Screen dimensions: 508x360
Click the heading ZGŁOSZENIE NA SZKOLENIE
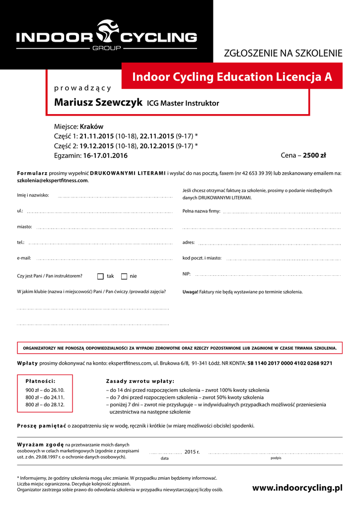click(284, 54)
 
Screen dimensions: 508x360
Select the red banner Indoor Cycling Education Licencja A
click(232, 77)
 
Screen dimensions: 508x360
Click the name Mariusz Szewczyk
click(99, 102)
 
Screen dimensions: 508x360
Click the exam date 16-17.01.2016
click(105, 155)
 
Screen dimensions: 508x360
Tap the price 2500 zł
click(314, 155)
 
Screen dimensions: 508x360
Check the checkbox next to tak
click(100, 276)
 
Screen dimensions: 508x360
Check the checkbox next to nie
click(124, 276)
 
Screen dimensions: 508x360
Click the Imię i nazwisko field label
click(33, 195)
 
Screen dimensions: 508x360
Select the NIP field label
click(187, 274)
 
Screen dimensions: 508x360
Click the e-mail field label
click(24, 258)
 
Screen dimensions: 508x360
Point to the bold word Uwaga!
click(190, 292)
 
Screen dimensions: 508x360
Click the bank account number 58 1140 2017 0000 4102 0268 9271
click(289, 363)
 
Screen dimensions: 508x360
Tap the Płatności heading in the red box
click(40, 381)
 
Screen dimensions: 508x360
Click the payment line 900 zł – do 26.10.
click(45, 390)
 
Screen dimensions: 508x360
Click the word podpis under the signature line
click(276, 458)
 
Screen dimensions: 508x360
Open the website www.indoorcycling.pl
click(297, 488)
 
